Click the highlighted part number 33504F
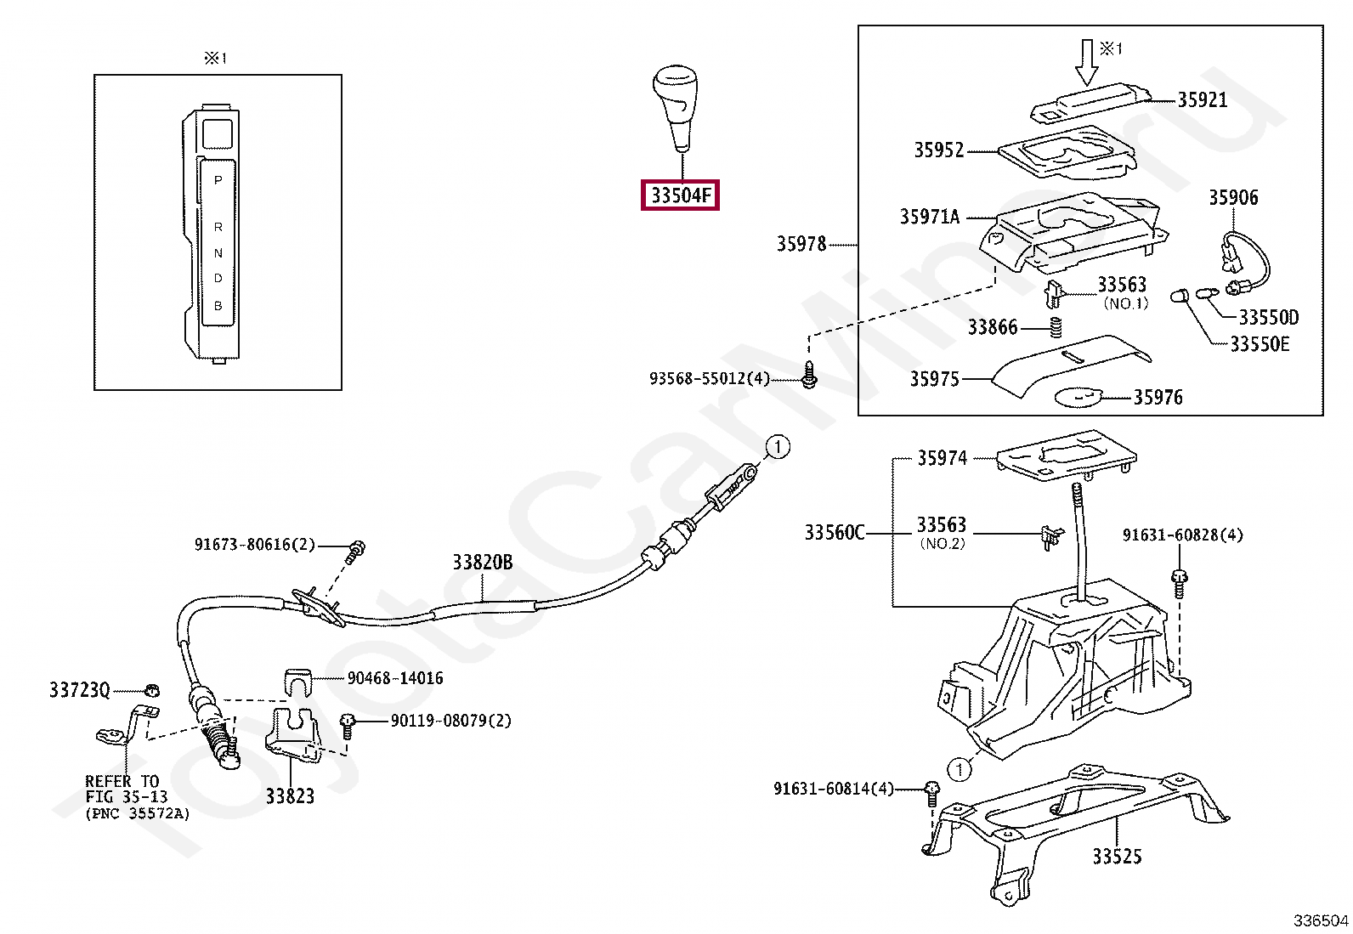680,195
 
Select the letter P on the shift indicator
218,180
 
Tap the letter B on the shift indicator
218,306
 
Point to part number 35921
1202,100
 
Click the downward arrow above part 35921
1086,62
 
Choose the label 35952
938,150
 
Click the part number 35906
1233,198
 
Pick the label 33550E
1260,344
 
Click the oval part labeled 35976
1078,397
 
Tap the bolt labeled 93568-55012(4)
809,375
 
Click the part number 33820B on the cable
482,562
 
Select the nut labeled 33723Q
152,689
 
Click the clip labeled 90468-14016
297,682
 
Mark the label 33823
290,796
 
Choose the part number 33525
1117,857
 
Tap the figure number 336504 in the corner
1320,920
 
